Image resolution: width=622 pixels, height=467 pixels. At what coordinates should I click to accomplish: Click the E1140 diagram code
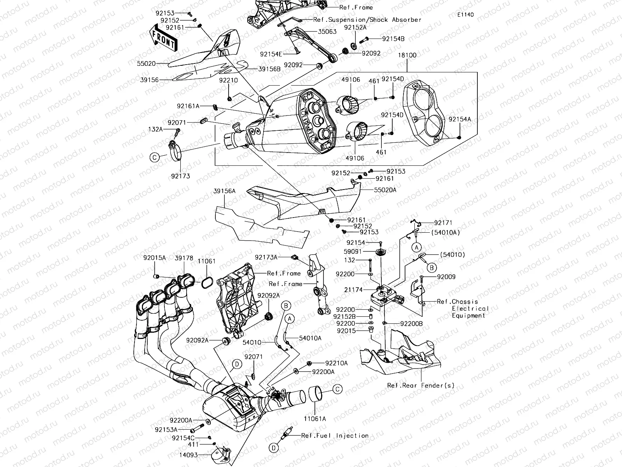point(465,14)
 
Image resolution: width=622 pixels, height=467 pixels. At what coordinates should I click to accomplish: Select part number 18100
point(407,55)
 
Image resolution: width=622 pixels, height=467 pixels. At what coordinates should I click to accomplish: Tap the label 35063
point(327,32)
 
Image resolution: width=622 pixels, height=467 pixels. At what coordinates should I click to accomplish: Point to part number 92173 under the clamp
point(180,176)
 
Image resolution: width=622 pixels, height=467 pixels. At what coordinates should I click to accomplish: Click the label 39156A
point(224,191)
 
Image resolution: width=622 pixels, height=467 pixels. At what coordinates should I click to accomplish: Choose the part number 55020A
point(385,190)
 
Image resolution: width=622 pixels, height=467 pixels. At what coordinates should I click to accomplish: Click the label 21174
point(353,290)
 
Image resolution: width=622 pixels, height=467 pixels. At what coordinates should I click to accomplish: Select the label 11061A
point(315,419)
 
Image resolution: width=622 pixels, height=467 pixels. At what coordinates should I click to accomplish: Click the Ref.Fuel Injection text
point(335,435)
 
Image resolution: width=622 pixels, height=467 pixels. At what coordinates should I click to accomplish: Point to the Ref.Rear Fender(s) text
point(421,385)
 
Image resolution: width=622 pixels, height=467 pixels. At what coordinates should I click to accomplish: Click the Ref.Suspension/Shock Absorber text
point(367,19)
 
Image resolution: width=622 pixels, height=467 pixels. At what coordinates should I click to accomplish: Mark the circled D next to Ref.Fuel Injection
point(274,448)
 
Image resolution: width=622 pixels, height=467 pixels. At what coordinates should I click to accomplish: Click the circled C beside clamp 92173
point(154,157)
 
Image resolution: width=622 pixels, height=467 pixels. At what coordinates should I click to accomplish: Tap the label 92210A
point(336,363)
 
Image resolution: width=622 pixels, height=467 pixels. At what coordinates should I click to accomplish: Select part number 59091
point(353,251)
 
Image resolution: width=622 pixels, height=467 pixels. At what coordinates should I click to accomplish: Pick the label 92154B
point(393,39)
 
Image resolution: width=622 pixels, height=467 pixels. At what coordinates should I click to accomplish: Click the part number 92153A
point(166,430)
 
